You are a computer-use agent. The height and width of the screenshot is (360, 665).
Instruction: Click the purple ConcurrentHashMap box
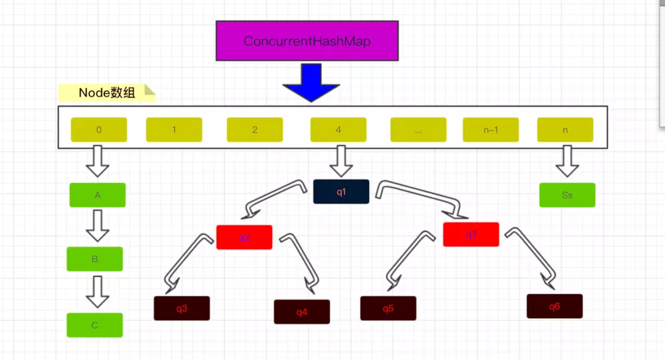(x=307, y=41)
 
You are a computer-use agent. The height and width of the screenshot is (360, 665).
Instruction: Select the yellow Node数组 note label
(x=106, y=93)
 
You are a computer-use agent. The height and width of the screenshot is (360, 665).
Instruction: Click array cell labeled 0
(x=98, y=130)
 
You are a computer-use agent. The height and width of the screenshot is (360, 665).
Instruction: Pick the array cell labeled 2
(x=255, y=130)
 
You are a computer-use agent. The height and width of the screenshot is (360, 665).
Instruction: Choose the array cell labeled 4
(x=338, y=130)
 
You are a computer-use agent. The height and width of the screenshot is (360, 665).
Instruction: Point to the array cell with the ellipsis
(x=418, y=130)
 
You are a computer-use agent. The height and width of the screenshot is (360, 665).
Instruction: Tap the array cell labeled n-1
(x=491, y=130)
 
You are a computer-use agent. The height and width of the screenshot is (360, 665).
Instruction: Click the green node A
(x=97, y=195)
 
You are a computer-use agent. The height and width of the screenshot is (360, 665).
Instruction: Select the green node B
(x=94, y=259)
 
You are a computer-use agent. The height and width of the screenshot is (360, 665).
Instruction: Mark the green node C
(x=94, y=325)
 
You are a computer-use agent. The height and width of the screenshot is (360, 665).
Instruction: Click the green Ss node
(x=567, y=195)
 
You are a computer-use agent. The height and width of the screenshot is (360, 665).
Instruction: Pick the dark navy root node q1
(x=340, y=192)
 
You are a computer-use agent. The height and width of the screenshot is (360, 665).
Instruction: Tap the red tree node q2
(x=244, y=238)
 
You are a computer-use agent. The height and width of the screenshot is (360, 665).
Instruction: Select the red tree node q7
(x=471, y=234)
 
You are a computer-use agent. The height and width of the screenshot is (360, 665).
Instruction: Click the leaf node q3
(x=182, y=308)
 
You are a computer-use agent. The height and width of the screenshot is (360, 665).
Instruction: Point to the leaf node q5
(x=388, y=308)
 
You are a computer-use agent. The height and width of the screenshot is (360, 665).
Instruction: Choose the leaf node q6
(x=555, y=306)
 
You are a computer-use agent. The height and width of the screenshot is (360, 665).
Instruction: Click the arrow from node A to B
(x=98, y=226)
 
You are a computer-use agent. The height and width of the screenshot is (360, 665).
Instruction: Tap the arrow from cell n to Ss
(x=567, y=162)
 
